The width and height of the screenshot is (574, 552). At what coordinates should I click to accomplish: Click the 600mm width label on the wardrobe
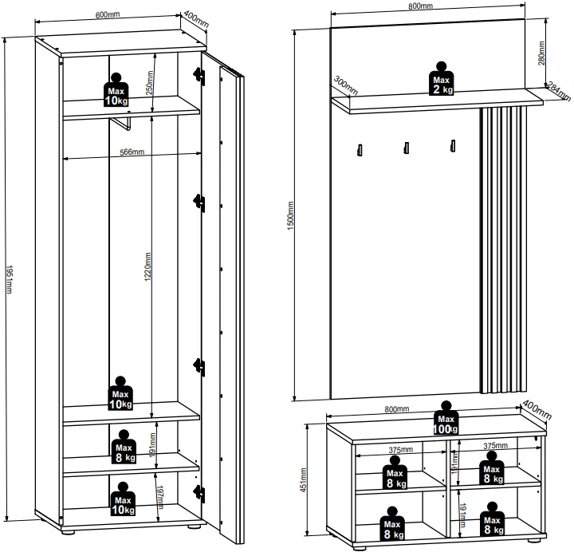coord(108,14)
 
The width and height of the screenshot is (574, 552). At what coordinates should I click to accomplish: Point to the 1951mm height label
coord(9,279)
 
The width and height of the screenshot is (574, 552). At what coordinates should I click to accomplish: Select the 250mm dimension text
coord(150,83)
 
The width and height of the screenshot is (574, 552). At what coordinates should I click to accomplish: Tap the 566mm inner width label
coord(132,152)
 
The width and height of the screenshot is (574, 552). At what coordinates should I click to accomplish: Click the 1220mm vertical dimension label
coord(148,266)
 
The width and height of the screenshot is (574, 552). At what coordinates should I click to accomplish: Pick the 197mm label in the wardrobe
coord(160,498)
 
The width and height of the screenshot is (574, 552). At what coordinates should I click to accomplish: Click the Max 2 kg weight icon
coord(442,79)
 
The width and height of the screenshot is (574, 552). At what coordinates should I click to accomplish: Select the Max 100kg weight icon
coord(446,418)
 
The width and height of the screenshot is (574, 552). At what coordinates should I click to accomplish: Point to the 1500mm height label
coord(291,215)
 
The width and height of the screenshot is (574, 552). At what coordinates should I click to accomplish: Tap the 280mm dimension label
coord(541,53)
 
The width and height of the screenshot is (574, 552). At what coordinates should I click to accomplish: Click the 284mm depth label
coord(559,92)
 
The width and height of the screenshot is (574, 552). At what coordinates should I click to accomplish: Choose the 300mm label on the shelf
coord(345,85)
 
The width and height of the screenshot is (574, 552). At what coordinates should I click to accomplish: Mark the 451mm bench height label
coord(304,480)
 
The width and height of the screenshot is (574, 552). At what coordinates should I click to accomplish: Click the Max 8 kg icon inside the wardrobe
coord(124,447)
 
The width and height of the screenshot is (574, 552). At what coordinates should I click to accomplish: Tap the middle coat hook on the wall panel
coord(407,148)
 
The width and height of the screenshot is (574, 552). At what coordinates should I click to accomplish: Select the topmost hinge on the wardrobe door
coord(199,77)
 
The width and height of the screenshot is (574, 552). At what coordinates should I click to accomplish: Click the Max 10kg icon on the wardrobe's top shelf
coord(116,90)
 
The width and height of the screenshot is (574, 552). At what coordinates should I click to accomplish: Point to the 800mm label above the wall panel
coord(420,6)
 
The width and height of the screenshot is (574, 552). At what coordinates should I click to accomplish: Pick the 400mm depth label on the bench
coord(537,409)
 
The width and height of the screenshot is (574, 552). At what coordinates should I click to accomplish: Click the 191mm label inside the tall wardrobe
coord(153,444)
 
